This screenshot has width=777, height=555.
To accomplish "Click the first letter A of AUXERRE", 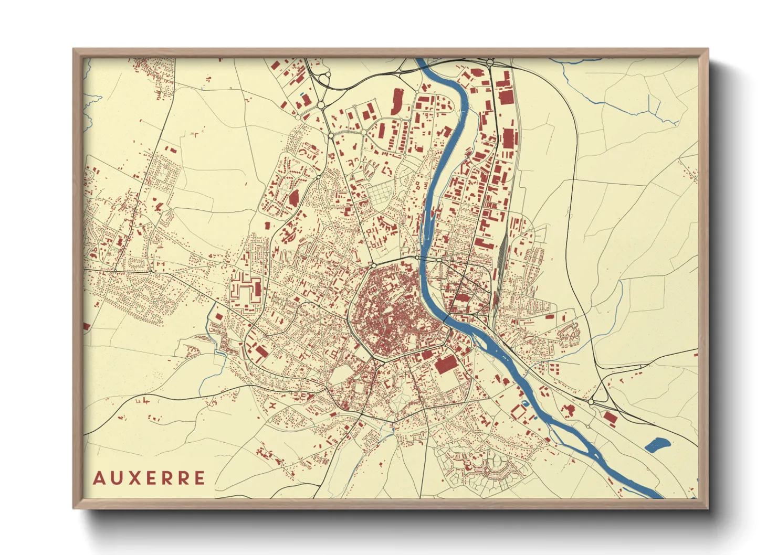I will (x=98, y=478).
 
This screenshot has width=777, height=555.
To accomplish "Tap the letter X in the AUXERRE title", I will (x=135, y=478).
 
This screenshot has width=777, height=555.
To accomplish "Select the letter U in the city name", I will (x=116, y=478).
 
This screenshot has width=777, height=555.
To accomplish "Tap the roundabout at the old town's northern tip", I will (x=373, y=266).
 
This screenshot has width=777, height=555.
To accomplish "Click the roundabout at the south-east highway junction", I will (x=591, y=402).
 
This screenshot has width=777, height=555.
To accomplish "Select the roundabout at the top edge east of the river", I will (x=490, y=62).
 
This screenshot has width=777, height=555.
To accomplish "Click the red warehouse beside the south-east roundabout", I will (x=610, y=418).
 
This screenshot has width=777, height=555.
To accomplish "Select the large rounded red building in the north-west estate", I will (x=293, y=198).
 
